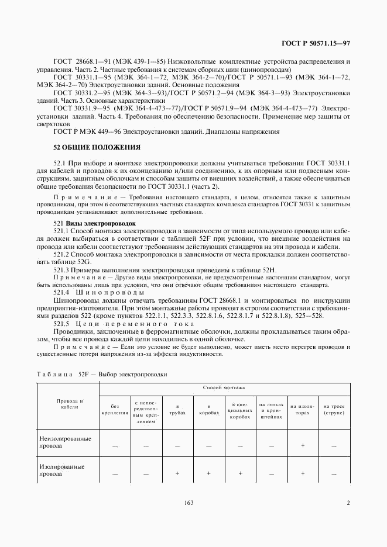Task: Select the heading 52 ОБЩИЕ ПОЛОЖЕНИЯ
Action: tap(97, 147)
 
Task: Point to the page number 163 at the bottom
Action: tap(189, 503)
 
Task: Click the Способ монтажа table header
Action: tap(224, 387)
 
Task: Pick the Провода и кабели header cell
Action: tap(69, 404)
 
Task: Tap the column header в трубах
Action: tap(177, 408)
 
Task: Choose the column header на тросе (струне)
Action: tap(334, 408)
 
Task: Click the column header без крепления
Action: tap(115, 408)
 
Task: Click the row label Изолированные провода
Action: tap(61, 470)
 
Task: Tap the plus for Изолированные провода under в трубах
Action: tap(177, 473)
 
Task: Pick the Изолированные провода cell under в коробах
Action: tap(208, 473)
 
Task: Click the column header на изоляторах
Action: tap(302, 408)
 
